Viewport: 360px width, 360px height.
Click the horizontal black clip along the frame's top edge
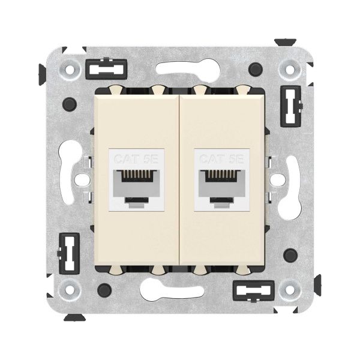(x=100, y=70)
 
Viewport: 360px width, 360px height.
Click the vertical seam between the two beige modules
(x=180, y=180)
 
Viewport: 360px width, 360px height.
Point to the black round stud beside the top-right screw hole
(x=258, y=68)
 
